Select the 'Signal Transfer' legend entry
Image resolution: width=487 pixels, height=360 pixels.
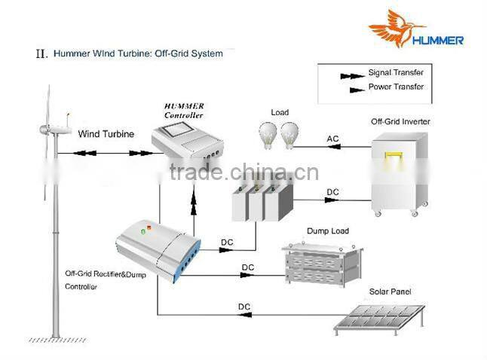(396, 73)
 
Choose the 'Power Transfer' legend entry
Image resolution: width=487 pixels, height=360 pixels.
(396, 87)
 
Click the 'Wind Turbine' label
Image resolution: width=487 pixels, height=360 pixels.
(106, 134)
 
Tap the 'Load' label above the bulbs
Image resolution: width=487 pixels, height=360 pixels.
(280, 113)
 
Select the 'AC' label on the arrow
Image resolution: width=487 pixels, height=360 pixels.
(332, 139)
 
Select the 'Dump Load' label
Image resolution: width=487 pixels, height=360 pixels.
(327, 231)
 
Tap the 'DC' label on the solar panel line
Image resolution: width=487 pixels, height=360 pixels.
(244, 307)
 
